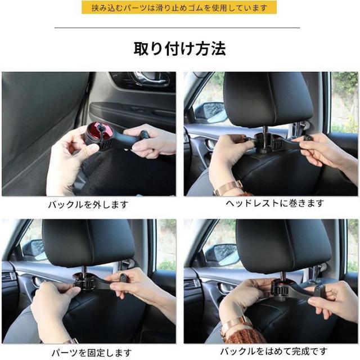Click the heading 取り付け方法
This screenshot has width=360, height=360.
pos(180,49)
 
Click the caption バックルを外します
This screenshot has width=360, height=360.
pos(88,204)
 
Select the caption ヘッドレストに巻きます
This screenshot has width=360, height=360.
pos(275,204)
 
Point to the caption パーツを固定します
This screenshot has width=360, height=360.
pos(91,353)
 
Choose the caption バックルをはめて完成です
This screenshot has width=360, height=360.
pos(274,351)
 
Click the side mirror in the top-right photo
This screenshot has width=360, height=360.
pos(210,112)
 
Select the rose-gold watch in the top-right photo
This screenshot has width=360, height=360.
pos(228,188)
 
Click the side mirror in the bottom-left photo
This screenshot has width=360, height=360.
pos(34,250)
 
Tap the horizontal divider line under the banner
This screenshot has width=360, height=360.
pos(177,28)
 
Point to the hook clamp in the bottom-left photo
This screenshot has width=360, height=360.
pos(99,282)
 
